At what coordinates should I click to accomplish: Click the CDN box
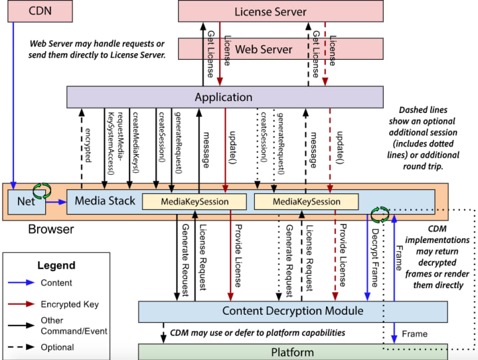click(40, 11)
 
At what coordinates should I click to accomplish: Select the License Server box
click(280, 12)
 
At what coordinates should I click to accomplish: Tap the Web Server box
click(264, 49)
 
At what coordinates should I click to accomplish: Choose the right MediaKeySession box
click(307, 202)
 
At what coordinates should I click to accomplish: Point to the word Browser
click(50, 230)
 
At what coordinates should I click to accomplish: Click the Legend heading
click(56, 265)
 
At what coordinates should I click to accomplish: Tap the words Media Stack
click(105, 201)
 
